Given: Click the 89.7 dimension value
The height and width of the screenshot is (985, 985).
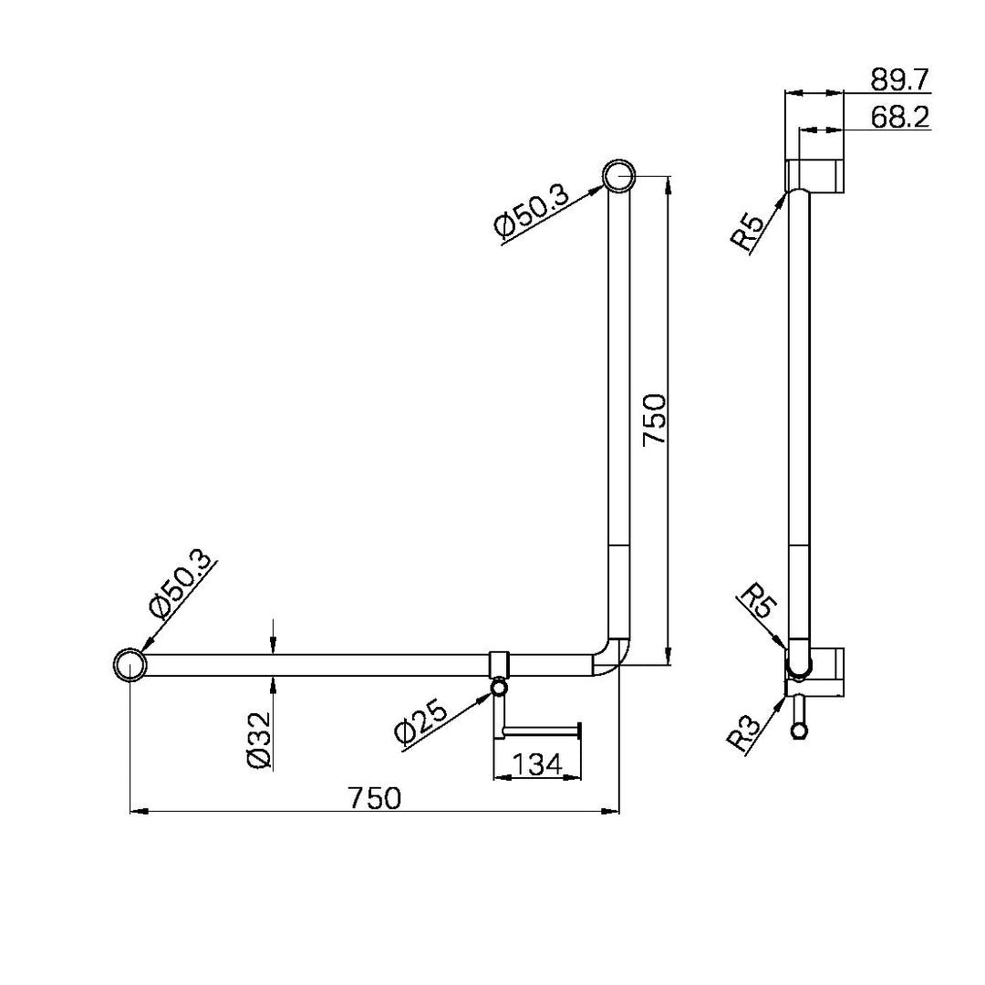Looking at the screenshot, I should pos(899,79).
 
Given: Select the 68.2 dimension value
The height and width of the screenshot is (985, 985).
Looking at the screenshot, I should pos(899,118).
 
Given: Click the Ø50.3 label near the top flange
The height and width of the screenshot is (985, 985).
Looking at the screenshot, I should pos(530,212).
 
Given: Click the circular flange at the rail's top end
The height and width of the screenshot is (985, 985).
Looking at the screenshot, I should pos(618,175).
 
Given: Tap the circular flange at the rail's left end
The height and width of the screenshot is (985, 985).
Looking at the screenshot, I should pos(129,665).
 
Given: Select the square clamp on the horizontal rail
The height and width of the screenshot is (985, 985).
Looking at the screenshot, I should pos(501,665).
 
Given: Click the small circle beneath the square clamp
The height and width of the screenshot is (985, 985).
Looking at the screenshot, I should pos(499,689).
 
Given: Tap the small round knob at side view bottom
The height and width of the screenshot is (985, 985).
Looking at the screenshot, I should pos(800,731).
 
